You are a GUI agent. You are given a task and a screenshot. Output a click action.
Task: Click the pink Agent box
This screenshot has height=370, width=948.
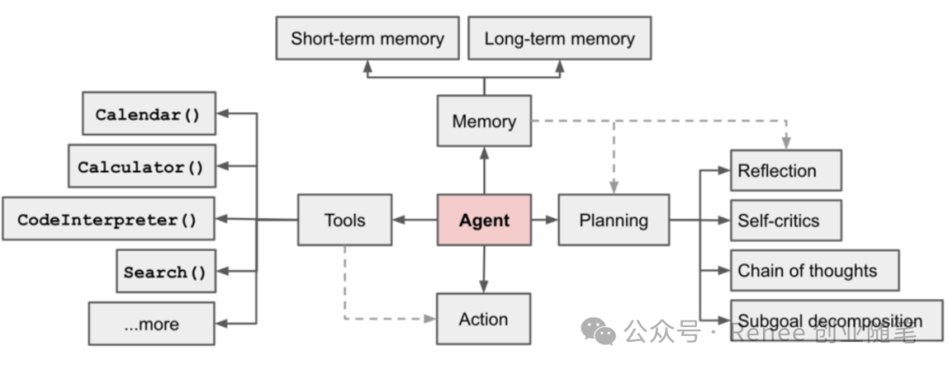[484, 220]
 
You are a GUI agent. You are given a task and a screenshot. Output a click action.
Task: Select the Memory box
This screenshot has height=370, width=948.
[484, 121]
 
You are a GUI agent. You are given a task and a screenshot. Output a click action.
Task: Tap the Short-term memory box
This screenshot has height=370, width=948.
[367, 39]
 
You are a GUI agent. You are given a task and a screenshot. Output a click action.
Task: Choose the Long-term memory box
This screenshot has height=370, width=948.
[559, 39]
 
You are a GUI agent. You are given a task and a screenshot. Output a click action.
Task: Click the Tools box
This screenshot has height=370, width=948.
[344, 220]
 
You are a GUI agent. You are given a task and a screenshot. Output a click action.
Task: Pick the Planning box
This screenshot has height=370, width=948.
[613, 220]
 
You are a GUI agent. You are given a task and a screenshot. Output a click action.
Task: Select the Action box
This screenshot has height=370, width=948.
[484, 318]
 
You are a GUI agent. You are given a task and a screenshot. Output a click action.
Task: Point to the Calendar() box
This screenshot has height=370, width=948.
[148, 114]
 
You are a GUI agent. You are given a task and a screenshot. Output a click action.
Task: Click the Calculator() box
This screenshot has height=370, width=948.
[141, 167]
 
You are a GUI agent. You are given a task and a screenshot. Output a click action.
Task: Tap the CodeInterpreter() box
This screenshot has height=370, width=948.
[108, 219]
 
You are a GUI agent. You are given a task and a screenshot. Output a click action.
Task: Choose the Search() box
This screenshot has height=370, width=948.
[165, 272]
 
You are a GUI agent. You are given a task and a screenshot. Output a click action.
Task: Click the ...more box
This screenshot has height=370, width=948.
[151, 324]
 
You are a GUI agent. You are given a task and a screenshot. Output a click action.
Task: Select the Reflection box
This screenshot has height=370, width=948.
[786, 171]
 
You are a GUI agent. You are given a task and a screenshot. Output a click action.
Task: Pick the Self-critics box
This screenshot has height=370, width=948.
[786, 221]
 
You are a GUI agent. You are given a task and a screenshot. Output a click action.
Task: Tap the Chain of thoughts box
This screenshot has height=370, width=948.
[815, 271]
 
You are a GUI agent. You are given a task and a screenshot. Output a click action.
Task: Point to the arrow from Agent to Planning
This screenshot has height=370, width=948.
[544, 220]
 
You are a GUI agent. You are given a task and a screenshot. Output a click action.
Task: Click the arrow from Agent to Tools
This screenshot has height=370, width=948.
[414, 220]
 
